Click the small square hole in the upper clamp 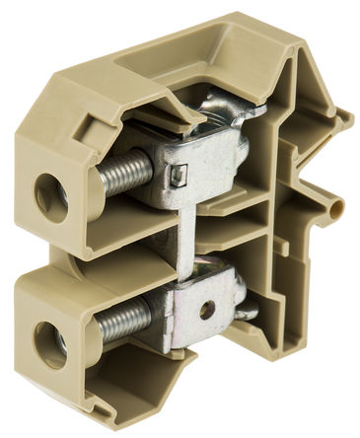(x=179, y=175)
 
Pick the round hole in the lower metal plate (x=206, y=309)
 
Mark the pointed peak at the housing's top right (x=296, y=30)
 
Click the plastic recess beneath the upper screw (x=113, y=222)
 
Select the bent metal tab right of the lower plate (x=246, y=311)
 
